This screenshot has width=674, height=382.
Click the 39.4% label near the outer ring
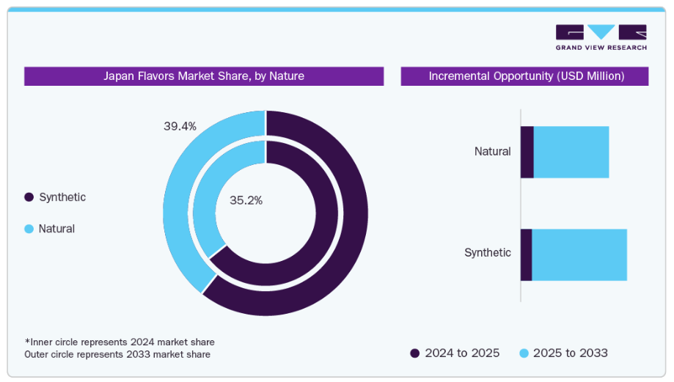coord(180,126)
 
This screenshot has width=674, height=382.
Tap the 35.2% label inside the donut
coord(246,199)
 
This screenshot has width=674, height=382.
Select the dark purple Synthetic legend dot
coord(29,197)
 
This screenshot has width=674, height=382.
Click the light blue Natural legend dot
coord(29,229)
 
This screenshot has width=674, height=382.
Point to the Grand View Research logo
coord(601,37)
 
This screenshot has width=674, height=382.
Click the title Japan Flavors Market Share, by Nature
coord(203,76)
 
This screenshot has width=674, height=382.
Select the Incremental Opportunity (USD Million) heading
coord(526,76)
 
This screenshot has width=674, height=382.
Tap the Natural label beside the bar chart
coord(492,152)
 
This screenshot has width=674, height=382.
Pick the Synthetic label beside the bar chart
coord(487,253)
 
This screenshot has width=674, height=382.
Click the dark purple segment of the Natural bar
coord(527,152)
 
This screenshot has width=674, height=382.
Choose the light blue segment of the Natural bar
coord(571,152)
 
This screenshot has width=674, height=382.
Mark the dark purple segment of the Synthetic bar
coord(526,254)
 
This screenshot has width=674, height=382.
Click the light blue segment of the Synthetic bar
coord(579,254)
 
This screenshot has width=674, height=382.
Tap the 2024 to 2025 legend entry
coord(455,353)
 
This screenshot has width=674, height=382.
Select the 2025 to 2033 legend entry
coord(563,353)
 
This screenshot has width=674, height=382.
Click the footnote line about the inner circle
coord(120,342)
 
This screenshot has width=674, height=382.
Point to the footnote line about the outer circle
coord(117,354)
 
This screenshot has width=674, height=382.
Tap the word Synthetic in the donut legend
coord(62,197)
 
